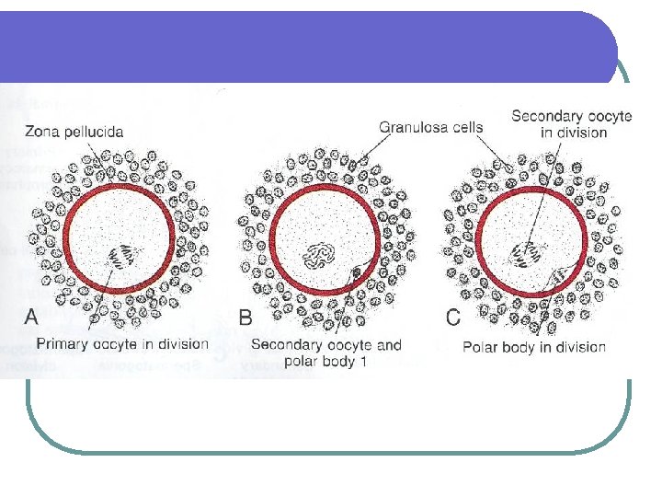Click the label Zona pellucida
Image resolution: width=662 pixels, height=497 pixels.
coord(74,131)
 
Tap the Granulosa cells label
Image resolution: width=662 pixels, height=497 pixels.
coord(431,128)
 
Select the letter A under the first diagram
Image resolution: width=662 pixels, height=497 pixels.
coord(31,318)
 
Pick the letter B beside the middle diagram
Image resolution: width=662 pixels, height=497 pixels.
coord(245,318)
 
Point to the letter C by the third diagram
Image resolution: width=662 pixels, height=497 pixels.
coord(452,318)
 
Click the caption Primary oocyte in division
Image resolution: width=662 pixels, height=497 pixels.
coord(122,344)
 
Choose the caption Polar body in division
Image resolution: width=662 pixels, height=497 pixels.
coord(533,347)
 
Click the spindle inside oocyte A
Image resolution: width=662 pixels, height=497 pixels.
coord(120,255)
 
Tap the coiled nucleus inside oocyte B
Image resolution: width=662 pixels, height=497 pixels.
coord(323,253)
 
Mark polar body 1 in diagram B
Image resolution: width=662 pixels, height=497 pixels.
coord(357,273)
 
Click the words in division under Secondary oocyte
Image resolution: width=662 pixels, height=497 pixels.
coord(573,133)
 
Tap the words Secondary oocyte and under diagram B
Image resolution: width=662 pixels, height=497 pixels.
coord(326,345)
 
